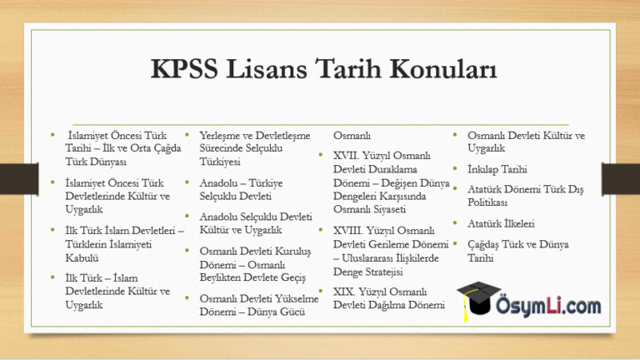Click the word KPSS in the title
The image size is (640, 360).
pyautogui.click(x=184, y=68)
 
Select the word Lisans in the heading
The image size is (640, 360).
pyautogui.click(x=266, y=68)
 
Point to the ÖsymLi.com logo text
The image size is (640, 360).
pyautogui.click(x=548, y=306)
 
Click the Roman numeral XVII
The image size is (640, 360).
pyautogui.click(x=346, y=156)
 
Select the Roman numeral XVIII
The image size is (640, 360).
pyautogui.click(x=347, y=231)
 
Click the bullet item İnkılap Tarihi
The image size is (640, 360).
pyautogui.click(x=497, y=169)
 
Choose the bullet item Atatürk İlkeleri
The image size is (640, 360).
pyautogui.click(x=501, y=223)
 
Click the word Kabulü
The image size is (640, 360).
pyautogui.click(x=82, y=258)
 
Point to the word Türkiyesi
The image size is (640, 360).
pyautogui.click(x=220, y=162)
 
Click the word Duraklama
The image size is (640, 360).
pyautogui.click(x=394, y=169)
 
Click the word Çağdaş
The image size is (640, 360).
pyautogui.click(x=482, y=245)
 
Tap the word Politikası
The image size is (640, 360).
pyautogui.click(x=487, y=202)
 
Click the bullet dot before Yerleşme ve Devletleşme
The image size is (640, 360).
pyautogui.click(x=187, y=135)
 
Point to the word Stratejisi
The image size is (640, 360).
pyautogui.click(x=382, y=272)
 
